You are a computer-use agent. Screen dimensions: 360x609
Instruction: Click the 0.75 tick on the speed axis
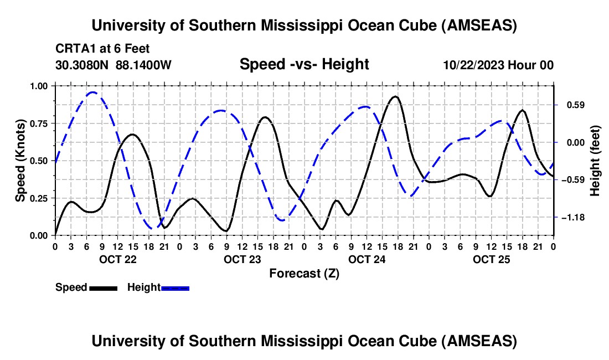pyautogui.click(x=39, y=123)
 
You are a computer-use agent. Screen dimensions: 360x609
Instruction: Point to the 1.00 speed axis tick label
pyautogui.click(x=39, y=86)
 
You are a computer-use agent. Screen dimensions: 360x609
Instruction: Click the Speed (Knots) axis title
pyautogui.click(x=20, y=161)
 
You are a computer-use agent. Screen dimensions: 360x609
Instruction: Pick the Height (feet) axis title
pyautogui.click(x=596, y=161)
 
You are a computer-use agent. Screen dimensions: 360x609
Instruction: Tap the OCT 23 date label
pyautogui.click(x=242, y=259)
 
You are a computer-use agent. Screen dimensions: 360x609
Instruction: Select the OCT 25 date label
pyautogui.click(x=491, y=259)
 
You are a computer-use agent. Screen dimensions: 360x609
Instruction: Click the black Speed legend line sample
pyautogui.click(x=104, y=287)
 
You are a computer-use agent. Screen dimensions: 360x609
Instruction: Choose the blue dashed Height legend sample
pyautogui.click(x=175, y=287)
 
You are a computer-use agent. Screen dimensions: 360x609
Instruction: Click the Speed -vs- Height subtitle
pyautogui.click(x=304, y=64)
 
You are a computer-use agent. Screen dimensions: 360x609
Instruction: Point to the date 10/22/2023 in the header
pyautogui.click(x=472, y=65)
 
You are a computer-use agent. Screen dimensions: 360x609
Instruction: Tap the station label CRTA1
pyautogui.click(x=72, y=49)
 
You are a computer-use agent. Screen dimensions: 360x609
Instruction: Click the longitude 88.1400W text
pyautogui.click(x=143, y=65)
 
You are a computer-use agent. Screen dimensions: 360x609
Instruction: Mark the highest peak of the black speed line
pyautogui.click(x=395, y=96)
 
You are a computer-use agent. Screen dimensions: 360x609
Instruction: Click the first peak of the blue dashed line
pyautogui.click(x=93, y=92)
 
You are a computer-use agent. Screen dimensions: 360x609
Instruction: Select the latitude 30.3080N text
pyautogui.click(x=82, y=65)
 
